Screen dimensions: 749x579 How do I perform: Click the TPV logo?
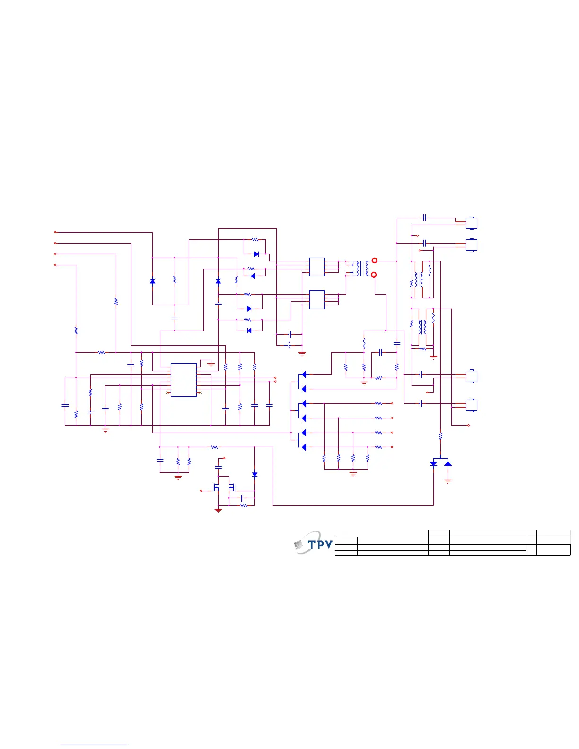point(314,545)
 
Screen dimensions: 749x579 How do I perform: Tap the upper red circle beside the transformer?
point(375,261)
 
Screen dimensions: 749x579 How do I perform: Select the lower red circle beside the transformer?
point(374,275)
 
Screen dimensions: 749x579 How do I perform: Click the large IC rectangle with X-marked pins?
point(184,380)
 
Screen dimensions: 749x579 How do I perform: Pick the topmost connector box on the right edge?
point(472,223)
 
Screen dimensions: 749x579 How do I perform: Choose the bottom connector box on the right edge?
point(472,405)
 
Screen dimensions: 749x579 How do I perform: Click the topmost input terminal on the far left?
point(55,232)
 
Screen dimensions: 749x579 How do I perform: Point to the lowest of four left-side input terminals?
point(55,265)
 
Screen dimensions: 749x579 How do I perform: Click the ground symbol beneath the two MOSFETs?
point(218,511)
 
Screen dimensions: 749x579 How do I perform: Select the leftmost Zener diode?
point(152,281)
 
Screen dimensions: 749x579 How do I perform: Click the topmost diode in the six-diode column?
point(304,374)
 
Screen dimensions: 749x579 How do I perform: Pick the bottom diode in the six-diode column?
point(304,447)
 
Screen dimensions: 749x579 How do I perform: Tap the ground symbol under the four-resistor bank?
point(353,474)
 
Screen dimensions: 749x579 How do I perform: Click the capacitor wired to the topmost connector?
point(424,218)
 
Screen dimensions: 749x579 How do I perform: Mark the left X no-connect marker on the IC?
point(167,393)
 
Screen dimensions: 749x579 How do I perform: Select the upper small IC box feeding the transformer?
point(317,267)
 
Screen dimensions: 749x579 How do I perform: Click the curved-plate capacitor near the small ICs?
point(289,345)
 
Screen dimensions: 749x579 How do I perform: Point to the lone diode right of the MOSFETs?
point(254,474)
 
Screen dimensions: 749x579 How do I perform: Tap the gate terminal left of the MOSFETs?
point(202,491)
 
